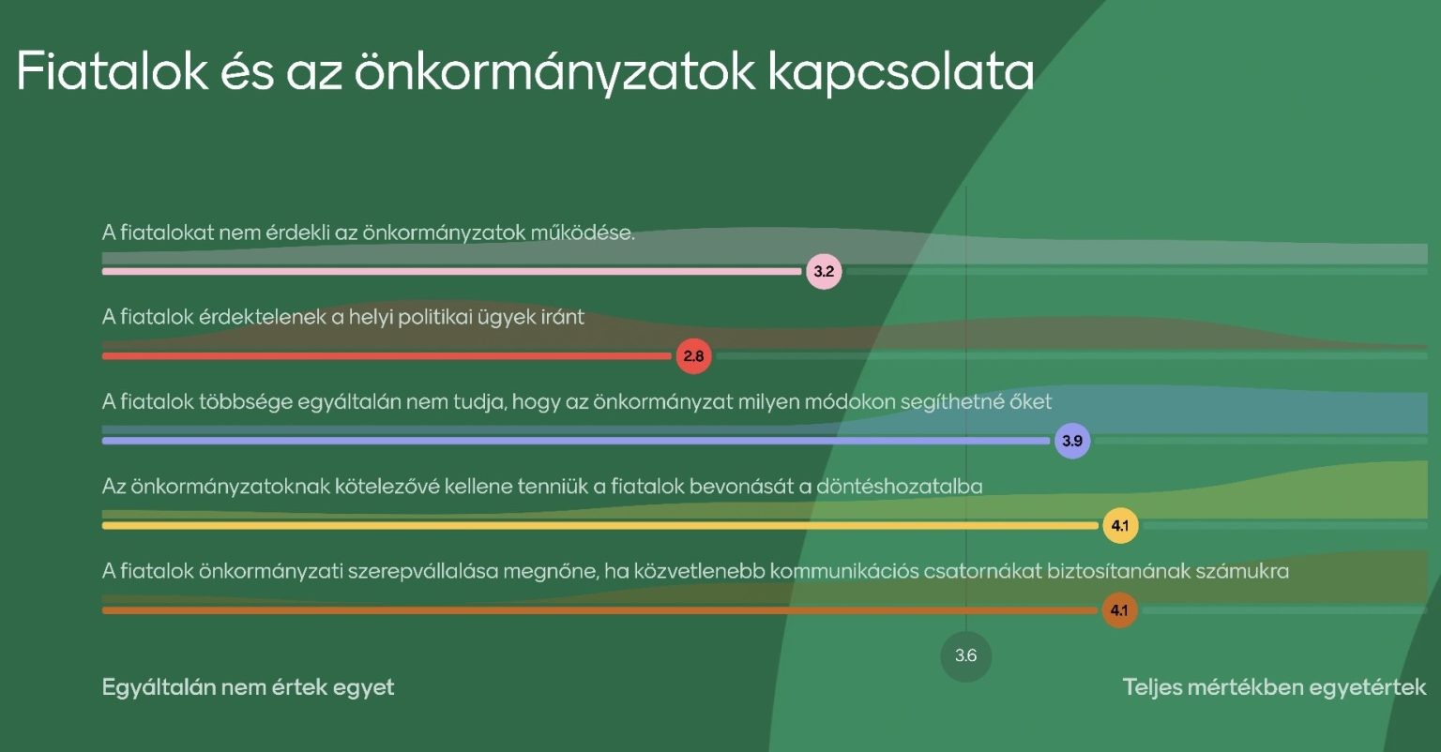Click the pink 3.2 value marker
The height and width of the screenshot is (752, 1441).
tap(824, 271)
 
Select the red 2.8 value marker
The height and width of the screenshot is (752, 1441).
tap(693, 356)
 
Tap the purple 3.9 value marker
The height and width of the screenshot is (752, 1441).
tap(1072, 441)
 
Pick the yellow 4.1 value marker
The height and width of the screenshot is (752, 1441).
tap(1121, 526)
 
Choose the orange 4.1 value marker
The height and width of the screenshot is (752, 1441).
tap(1120, 610)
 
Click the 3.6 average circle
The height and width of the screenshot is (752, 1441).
tap(965, 655)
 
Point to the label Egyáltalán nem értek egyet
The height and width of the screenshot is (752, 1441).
tap(248, 687)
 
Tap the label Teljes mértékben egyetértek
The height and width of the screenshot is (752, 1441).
tap(1274, 687)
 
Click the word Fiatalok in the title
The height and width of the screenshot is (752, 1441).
tap(112, 70)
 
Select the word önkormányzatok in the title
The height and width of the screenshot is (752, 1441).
tap(554, 72)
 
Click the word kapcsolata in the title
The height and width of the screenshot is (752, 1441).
tap(901, 72)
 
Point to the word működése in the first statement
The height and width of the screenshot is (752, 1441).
tap(583, 233)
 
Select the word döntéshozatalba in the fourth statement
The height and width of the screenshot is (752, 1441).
tap(900, 487)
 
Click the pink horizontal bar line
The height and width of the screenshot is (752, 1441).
tap(451, 271)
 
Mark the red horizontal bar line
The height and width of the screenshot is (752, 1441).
tap(387, 356)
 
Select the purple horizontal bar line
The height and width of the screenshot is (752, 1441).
tap(576, 441)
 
